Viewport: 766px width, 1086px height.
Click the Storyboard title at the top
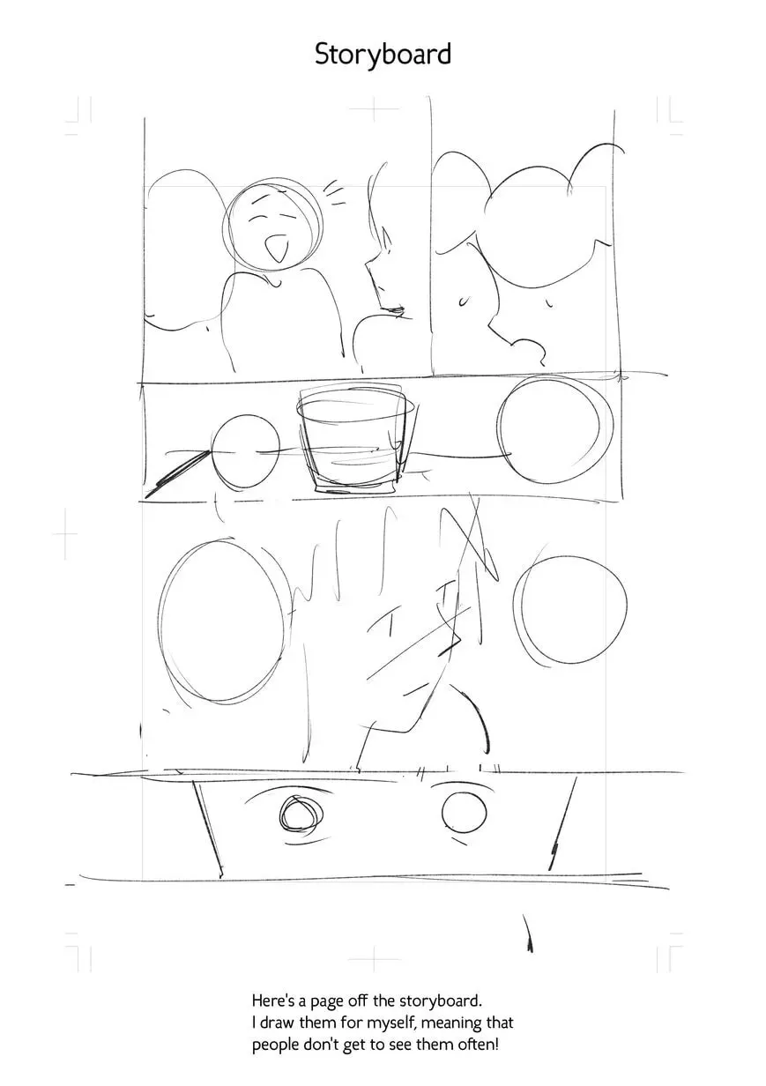click(383, 55)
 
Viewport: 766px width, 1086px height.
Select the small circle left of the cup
click(246, 452)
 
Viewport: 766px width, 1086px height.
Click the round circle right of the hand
click(570, 609)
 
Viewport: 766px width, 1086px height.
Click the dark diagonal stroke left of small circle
click(177, 473)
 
